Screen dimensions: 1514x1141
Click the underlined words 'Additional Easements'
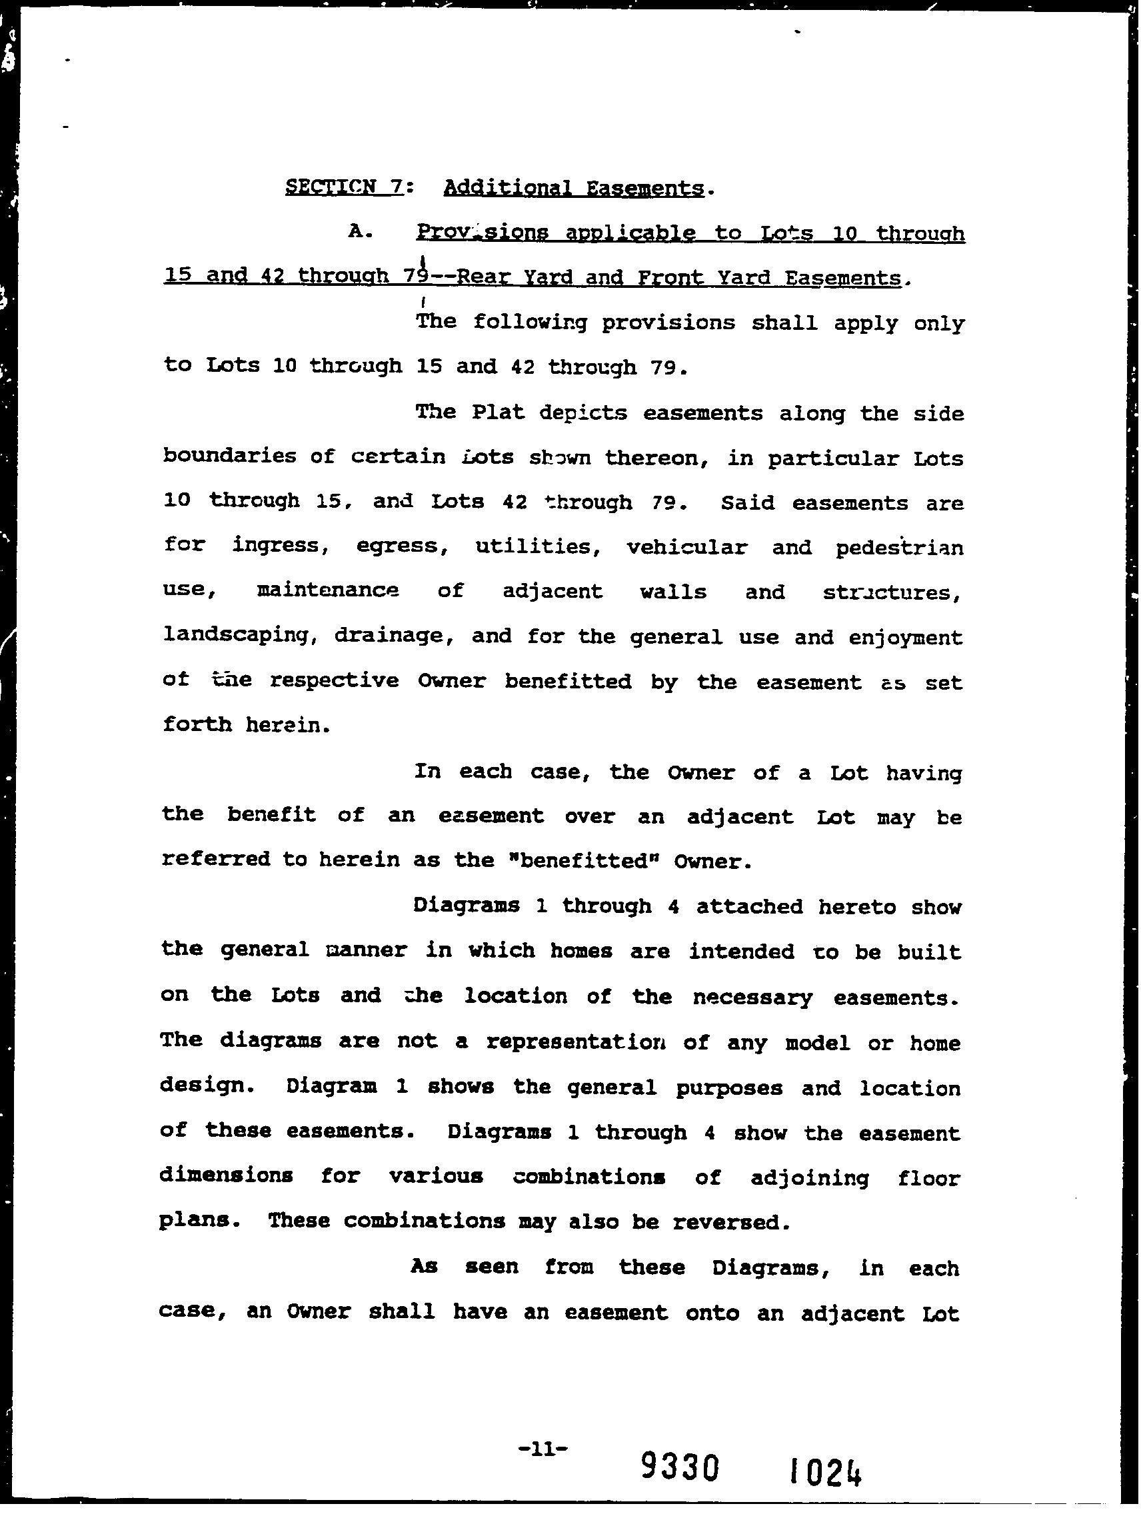click(x=574, y=188)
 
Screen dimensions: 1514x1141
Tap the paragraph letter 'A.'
click(x=361, y=232)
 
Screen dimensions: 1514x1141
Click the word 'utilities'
click(x=533, y=547)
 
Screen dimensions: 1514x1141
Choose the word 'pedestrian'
click(x=898, y=548)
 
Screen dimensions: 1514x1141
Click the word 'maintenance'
click(x=327, y=590)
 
